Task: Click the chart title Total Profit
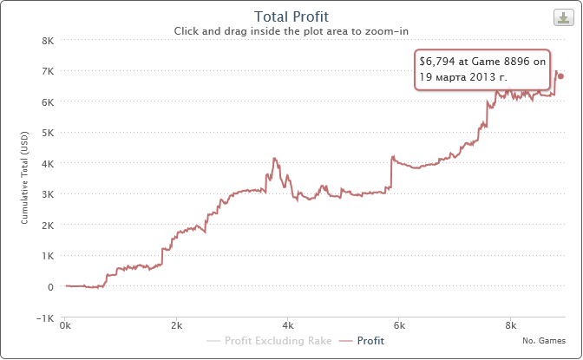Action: (291, 16)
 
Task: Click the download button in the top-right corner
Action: (561, 16)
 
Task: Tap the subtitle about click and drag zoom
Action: (291, 30)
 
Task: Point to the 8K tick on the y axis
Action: (49, 40)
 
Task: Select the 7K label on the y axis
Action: (49, 70)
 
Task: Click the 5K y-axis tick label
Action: (49, 133)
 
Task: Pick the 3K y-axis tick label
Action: (49, 194)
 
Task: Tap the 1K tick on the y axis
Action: (49, 256)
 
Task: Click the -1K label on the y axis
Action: (48, 317)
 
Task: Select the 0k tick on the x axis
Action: (65, 328)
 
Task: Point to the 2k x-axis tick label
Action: (176, 328)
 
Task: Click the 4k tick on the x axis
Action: (288, 328)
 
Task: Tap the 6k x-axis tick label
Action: (400, 328)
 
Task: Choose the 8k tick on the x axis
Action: (511, 328)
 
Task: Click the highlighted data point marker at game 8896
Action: (561, 76)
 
